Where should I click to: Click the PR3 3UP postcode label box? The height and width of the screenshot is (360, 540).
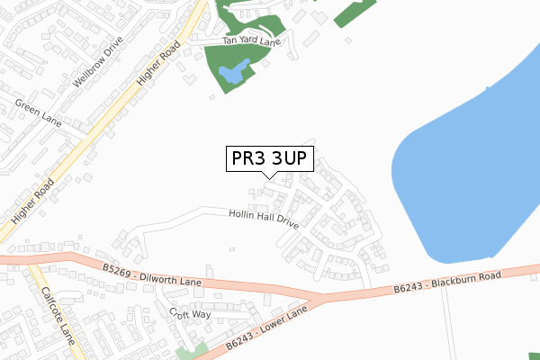[x=269, y=159]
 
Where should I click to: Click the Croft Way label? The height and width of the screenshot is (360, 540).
[x=190, y=313]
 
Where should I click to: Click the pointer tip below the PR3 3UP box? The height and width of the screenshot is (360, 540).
[x=269, y=177]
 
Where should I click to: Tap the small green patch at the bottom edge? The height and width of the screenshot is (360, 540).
[x=187, y=353]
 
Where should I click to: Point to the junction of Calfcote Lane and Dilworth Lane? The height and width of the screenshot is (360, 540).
[x=32, y=262]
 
